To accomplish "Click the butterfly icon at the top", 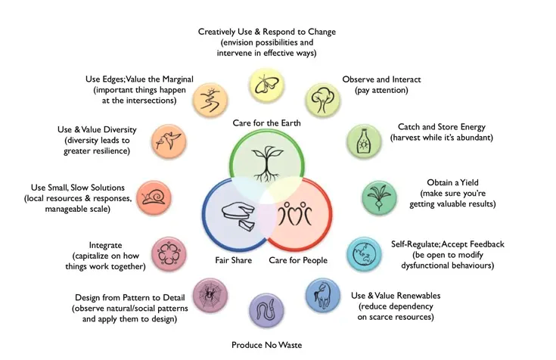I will point(265,85).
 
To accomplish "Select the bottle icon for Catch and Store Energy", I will point(362,141).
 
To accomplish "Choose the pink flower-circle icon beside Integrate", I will point(167,253).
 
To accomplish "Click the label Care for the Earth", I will point(266,123).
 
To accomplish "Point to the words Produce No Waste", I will point(266,345).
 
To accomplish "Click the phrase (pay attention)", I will point(381,92).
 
